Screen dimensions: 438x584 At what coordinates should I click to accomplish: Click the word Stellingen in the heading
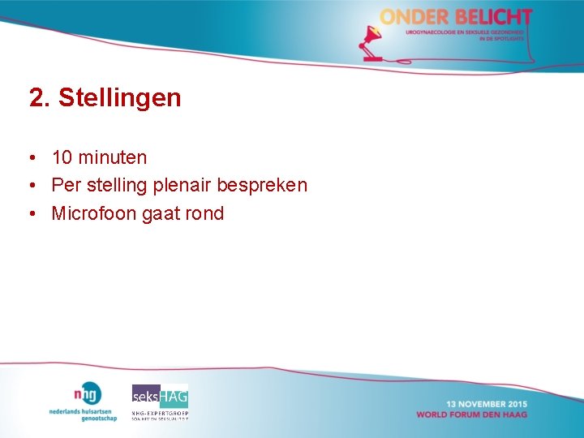coord(120,98)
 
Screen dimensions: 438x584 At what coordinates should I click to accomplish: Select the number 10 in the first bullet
coord(62,157)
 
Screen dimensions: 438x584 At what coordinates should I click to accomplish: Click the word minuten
coord(113,157)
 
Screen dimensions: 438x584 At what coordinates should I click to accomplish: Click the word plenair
coord(179,185)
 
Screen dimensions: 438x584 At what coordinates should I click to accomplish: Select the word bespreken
coord(262,185)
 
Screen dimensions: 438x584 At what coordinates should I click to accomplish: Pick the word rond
coord(204,213)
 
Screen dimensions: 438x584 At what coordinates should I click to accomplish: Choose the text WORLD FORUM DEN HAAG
coord(472,414)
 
